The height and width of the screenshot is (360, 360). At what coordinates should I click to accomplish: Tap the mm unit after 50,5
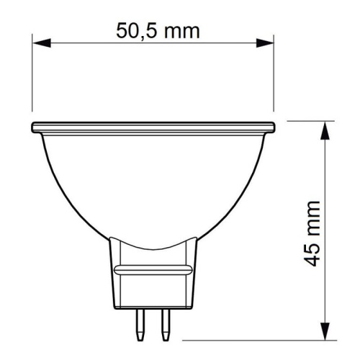[x=179, y=31]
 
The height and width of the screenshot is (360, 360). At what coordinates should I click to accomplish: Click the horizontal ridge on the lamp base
[x=153, y=269]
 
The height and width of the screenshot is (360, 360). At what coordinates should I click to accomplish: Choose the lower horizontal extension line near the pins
[x=252, y=337]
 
